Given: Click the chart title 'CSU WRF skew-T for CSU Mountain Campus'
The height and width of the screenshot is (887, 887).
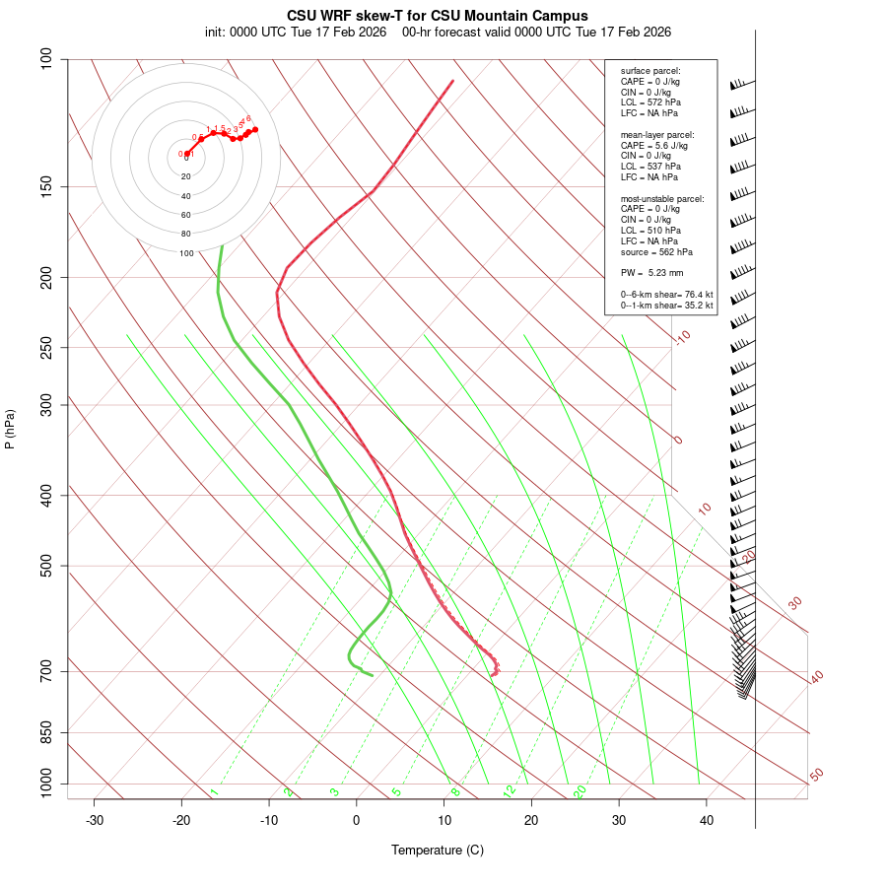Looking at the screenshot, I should [438, 16].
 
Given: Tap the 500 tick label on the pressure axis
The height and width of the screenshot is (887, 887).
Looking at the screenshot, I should [45, 566].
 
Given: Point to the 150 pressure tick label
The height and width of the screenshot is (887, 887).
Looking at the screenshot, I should [45, 186].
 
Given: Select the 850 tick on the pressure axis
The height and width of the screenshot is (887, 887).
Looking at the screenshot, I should [45, 732].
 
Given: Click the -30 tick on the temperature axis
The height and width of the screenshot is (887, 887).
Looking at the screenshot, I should [95, 820].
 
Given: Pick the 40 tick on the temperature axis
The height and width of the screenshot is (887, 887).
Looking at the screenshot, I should [707, 820].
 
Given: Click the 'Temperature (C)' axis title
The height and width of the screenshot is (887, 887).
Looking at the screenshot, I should [438, 850].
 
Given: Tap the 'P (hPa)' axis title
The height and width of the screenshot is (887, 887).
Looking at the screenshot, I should [10, 429].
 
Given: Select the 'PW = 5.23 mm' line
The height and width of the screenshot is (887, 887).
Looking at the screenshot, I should [651, 272].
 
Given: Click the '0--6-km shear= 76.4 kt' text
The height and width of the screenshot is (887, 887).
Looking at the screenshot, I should [666, 294].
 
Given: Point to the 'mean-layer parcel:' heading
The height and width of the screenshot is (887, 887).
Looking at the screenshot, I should [657, 134].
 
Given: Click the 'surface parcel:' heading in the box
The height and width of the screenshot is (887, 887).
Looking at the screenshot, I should [650, 71].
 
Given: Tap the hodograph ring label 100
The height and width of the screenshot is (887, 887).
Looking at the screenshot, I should [186, 253].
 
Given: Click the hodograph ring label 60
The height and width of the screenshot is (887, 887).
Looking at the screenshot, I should [186, 215].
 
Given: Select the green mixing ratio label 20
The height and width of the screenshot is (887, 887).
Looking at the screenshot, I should [580, 791].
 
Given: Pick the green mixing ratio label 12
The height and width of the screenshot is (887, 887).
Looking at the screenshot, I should [510, 791].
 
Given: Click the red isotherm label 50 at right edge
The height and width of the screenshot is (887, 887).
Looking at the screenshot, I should [816, 776].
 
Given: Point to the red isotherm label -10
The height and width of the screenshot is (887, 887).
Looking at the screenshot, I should [682, 337].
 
